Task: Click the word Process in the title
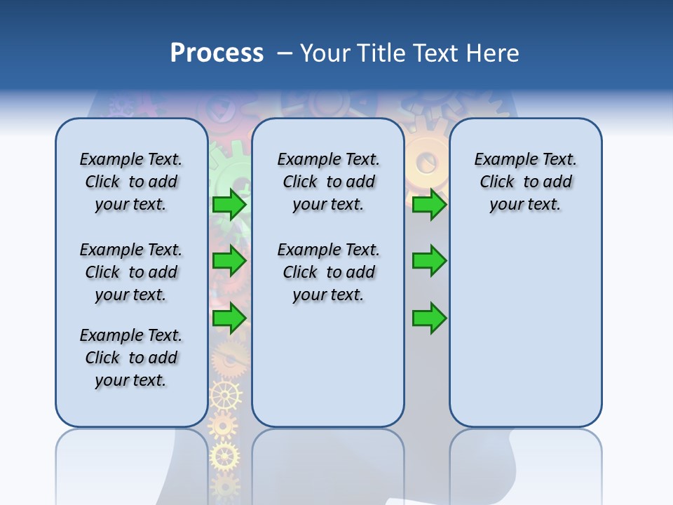216,53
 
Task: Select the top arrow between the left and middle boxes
229,205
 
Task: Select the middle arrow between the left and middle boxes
229,262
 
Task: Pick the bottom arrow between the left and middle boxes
229,319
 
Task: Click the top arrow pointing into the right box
429,205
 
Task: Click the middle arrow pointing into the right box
429,262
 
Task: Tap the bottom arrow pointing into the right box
429,319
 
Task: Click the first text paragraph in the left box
131,182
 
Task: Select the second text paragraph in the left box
131,272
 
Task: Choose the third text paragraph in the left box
131,358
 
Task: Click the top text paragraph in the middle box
328,182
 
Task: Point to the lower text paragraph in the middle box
328,272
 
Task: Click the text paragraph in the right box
526,182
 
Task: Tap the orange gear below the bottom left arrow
230,359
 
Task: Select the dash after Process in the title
285,53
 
